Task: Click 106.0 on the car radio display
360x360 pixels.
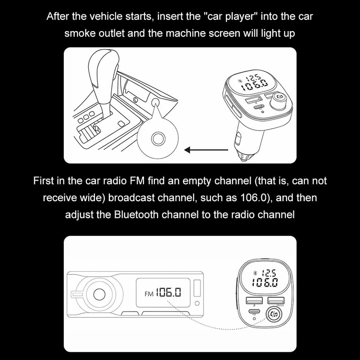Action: pyautogui.click(x=169, y=292)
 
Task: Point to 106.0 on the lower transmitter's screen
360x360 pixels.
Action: pyautogui.click(x=265, y=284)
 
